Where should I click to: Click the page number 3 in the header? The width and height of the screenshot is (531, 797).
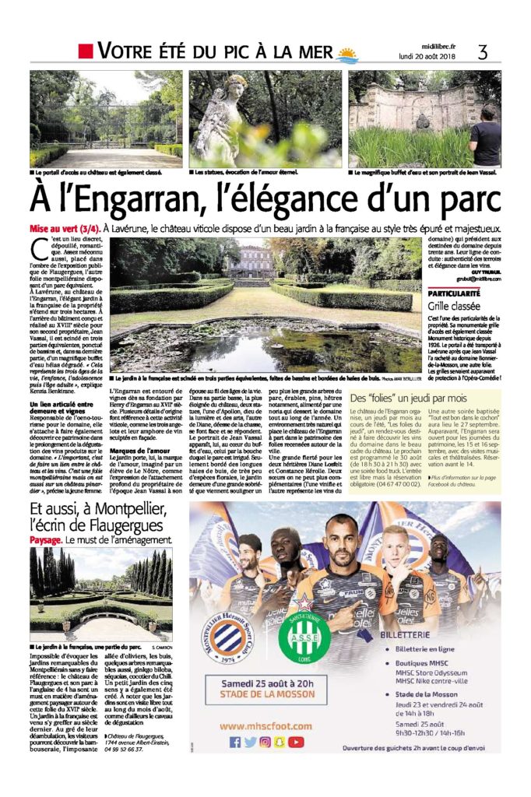(483, 52)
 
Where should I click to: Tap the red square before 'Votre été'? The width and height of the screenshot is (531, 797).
(86, 52)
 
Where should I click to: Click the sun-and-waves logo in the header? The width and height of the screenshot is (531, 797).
(346, 54)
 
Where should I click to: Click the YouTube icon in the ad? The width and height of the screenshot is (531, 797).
(297, 742)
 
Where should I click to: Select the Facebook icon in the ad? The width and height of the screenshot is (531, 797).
(235, 742)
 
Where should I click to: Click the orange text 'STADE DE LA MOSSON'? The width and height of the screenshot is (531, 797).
(266, 697)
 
